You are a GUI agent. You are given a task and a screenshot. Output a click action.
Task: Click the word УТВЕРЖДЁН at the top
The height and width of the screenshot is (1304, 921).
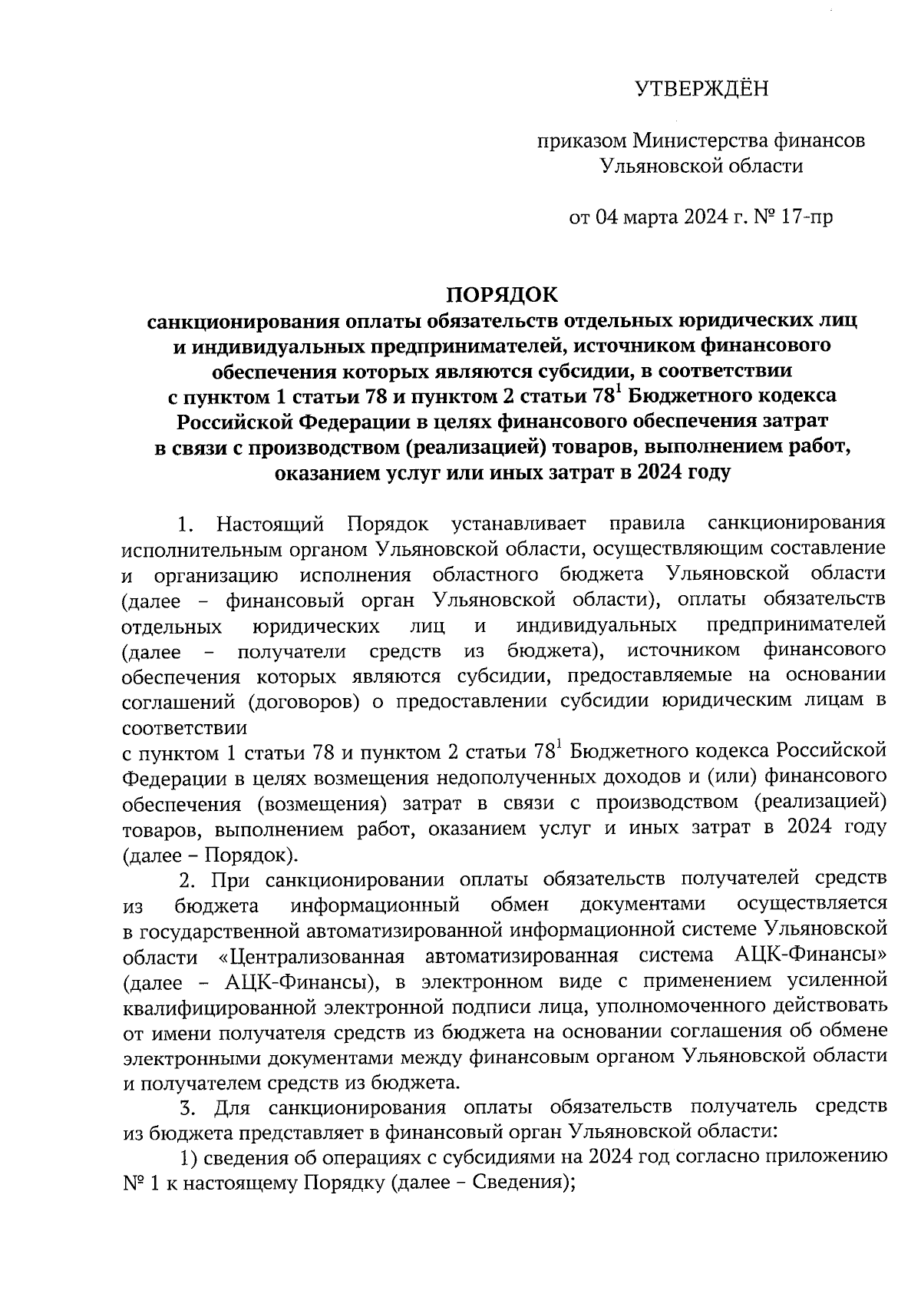coord(701,90)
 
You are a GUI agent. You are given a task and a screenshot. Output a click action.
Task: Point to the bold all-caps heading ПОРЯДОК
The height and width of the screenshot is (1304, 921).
coord(503,296)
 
